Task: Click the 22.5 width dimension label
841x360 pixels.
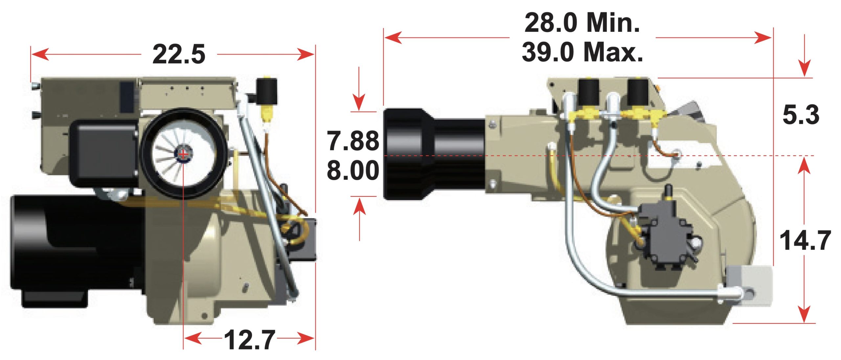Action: pos(179,54)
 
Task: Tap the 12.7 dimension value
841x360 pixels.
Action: pos(249,340)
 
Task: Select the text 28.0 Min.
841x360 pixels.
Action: pos(582,23)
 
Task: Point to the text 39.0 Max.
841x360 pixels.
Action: pos(582,52)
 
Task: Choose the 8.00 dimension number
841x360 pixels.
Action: pos(353,170)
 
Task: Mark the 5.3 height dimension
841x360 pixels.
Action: pos(801,115)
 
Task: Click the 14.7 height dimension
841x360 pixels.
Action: pos(805,241)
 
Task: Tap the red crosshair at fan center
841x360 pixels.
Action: pos(183,153)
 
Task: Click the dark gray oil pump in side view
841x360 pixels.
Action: pos(664,236)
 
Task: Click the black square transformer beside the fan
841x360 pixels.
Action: pos(103,153)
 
